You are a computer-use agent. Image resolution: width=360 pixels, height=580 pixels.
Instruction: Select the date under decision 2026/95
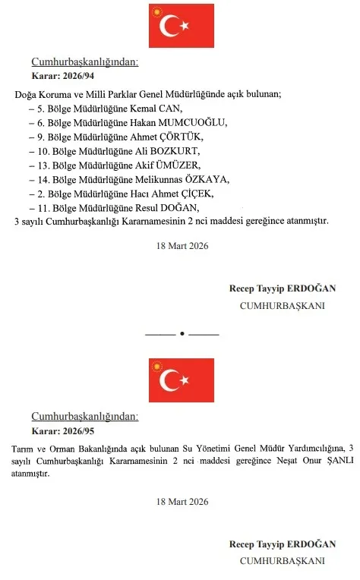(182, 502)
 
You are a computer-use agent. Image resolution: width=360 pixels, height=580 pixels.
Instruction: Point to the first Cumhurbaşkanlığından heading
(84, 64)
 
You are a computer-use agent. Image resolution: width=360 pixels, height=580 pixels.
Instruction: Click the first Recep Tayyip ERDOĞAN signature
(282, 288)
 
